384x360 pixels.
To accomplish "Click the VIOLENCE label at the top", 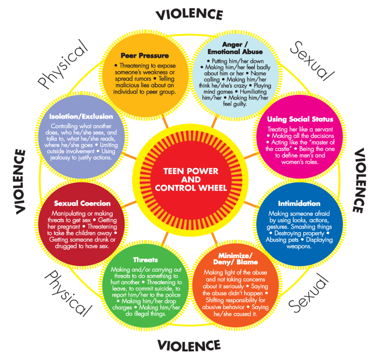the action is point(189,15).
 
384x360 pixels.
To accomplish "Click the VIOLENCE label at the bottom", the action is point(189,345).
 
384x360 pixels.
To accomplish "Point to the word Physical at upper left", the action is point(62,64).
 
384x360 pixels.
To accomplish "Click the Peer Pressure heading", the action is point(145,56).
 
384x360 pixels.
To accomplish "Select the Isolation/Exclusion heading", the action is point(81,116).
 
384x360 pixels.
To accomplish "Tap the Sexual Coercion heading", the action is point(82,203).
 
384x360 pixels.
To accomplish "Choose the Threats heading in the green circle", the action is point(146,260).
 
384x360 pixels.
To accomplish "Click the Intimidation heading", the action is point(299,203).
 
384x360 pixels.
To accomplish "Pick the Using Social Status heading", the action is point(300,119).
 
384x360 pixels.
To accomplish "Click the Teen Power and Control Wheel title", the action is point(191,179).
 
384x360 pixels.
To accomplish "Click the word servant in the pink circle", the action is point(324,129).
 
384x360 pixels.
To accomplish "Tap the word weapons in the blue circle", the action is point(299,246).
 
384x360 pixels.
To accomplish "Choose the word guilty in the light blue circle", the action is point(238,104).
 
